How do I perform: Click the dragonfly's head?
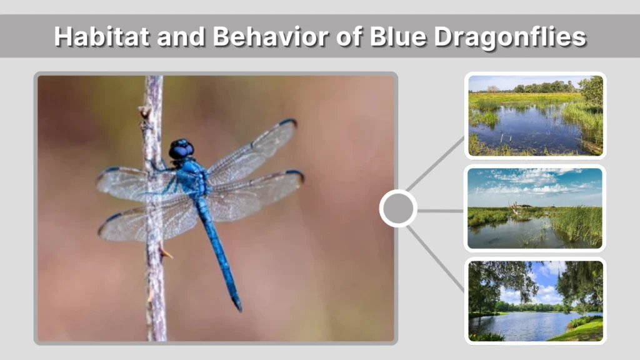tap(181, 149)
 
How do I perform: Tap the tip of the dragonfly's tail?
tap(238, 306)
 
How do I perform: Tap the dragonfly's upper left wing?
tap(134, 182)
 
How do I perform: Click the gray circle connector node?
tap(398, 209)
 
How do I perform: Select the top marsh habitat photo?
tap(535, 116)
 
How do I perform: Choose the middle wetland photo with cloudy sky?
tap(535, 208)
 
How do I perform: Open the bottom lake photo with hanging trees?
tap(535, 301)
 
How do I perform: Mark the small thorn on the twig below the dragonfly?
tap(166, 253)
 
